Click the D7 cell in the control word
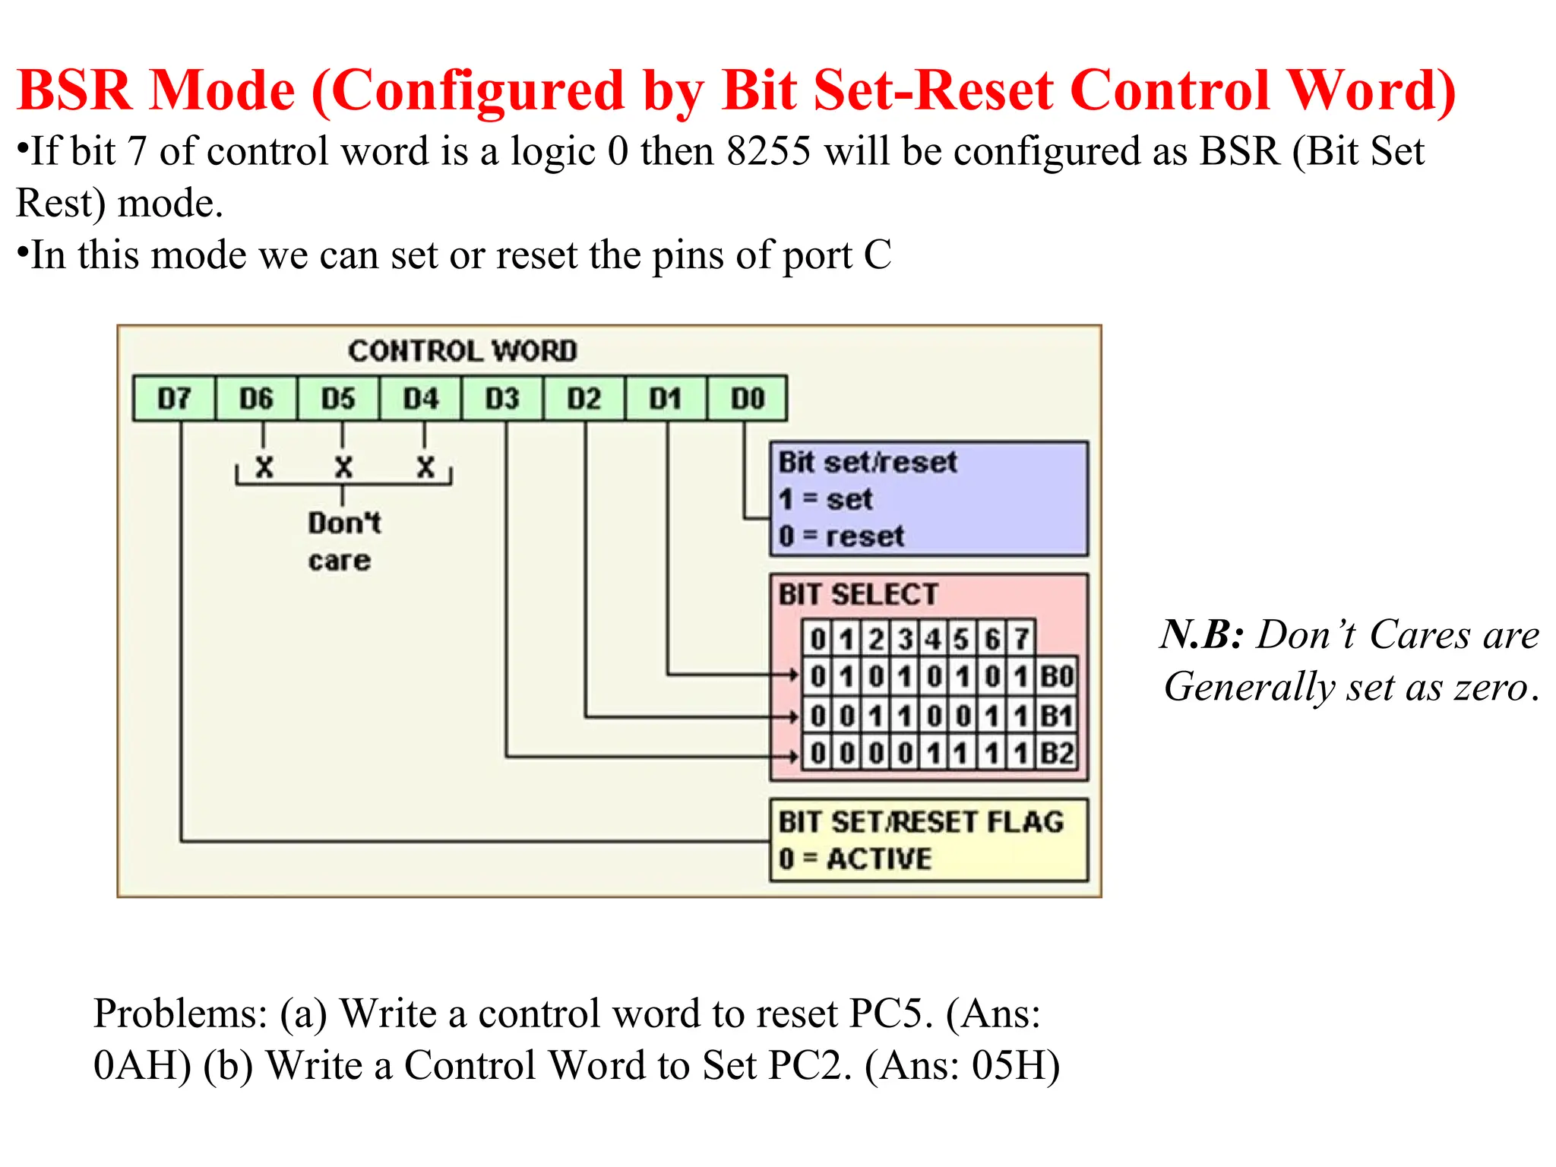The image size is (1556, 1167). (x=174, y=398)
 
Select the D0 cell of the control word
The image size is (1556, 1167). (x=747, y=398)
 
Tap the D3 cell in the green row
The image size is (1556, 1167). (x=501, y=398)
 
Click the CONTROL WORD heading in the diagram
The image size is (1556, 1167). (x=462, y=351)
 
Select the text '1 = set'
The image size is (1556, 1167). (x=825, y=499)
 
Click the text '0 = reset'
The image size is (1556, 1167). (x=841, y=536)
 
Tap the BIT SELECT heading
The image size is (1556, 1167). (x=858, y=594)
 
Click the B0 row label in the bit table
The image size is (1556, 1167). (x=1056, y=676)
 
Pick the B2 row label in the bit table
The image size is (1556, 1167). (x=1056, y=754)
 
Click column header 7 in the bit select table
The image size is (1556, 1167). (x=1022, y=639)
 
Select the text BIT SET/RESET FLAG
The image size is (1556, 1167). (x=921, y=822)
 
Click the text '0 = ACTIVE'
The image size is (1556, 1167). (x=855, y=859)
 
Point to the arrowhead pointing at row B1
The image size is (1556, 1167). (x=793, y=716)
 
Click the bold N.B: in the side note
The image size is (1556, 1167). (x=1201, y=634)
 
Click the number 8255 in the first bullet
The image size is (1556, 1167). (x=768, y=151)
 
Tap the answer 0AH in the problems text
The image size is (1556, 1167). (x=141, y=1065)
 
